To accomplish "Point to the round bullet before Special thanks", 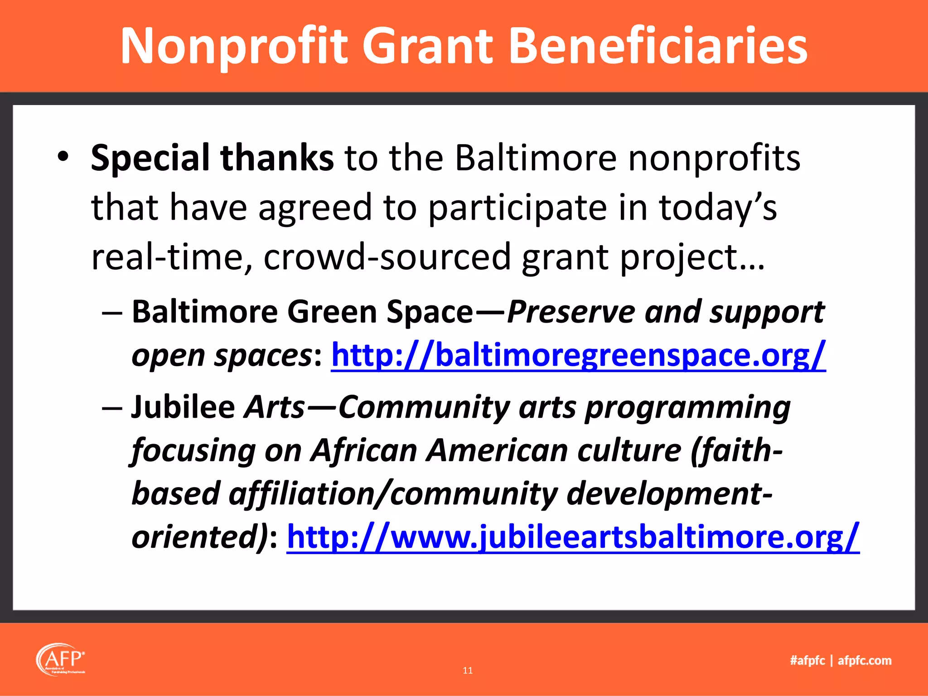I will [x=63, y=157].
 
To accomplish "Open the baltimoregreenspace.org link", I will [x=578, y=355].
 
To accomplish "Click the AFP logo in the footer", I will [x=61, y=659].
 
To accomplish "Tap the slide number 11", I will [x=468, y=671].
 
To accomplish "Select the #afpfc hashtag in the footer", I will [x=807, y=661].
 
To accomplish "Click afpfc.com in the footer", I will [x=865, y=661].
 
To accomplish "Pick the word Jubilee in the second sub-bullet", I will [x=183, y=407].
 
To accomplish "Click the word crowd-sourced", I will [x=387, y=256].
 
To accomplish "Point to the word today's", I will [x=717, y=208].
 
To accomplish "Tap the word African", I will [x=364, y=451].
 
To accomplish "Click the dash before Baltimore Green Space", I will [x=112, y=313].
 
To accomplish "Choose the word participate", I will [x=517, y=208].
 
